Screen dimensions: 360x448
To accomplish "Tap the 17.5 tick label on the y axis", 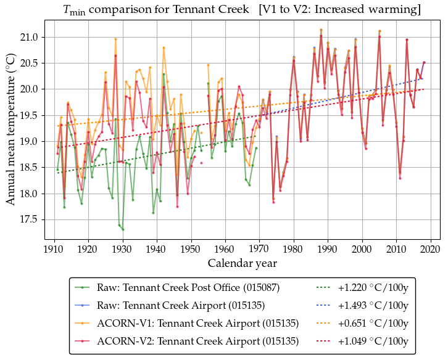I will (x=29, y=219).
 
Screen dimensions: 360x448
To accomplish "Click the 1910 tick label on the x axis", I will (x=54, y=250).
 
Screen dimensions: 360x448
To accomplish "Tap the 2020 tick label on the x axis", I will (x=431, y=250).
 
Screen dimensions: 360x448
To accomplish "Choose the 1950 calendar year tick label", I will (x=191, y=250).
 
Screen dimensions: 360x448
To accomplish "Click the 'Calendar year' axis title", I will (x=243, y=263).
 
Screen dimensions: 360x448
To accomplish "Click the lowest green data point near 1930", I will (x=123, y=229).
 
